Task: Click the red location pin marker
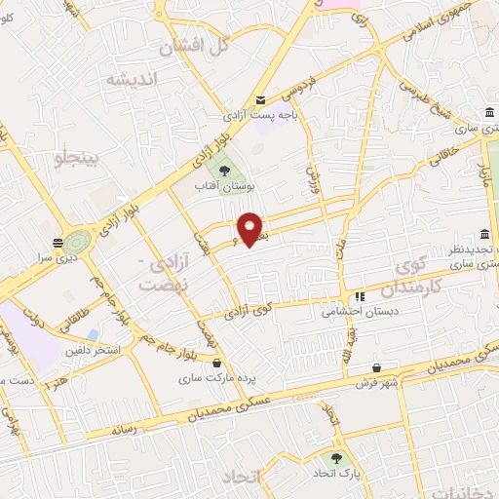250,229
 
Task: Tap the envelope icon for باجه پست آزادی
260,100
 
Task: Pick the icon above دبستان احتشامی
360,297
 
